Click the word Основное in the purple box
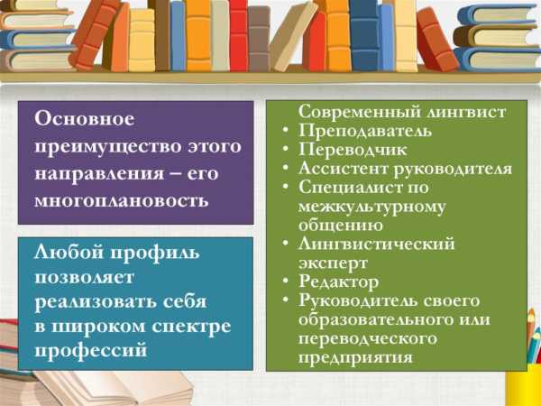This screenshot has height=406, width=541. coord(85,119)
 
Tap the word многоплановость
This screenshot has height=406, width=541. coord(122,199)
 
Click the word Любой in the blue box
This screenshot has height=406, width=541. coord(69,252)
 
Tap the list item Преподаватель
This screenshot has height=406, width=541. coord(365,131)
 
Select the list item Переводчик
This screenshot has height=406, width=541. coord(353,150)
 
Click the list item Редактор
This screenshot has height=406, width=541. coord(338,281)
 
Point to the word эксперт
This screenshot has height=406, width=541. coord(333,263)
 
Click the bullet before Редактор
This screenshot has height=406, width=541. coord(285,281)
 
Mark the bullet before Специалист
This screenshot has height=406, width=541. coord(285,187)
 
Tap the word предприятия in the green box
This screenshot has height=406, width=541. coord(355,357)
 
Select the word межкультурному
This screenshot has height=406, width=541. coord(371,208)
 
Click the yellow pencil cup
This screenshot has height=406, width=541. coord(524,384)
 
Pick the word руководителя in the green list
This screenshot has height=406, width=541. coord(453,170)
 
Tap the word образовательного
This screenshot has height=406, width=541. coord(376,319)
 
